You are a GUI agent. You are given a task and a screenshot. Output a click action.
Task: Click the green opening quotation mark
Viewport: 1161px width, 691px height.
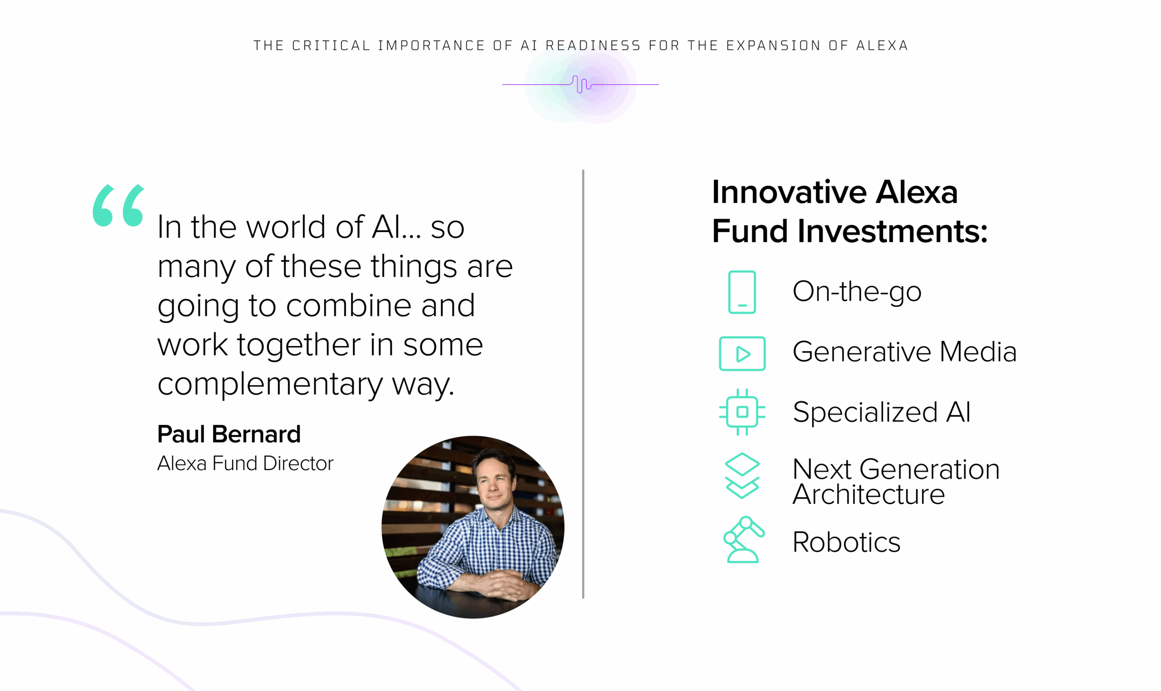point(118,205)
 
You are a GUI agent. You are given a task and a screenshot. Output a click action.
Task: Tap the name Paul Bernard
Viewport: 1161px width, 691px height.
point(229,434)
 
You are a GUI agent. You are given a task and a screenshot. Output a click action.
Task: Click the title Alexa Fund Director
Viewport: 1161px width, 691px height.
point(245,463)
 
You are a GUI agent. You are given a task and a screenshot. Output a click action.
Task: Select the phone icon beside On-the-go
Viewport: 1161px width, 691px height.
point(741,292)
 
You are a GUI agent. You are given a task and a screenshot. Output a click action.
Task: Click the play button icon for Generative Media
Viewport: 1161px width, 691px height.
point(742,353)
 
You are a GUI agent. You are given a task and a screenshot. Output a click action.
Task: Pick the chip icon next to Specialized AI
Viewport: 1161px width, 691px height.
point(742,412)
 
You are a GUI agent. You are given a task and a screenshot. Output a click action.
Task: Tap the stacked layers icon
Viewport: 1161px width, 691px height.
point(742,476)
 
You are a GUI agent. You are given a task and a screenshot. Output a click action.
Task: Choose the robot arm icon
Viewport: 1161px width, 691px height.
point(743,539)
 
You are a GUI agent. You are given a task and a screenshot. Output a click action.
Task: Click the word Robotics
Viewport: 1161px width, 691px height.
point(846,542)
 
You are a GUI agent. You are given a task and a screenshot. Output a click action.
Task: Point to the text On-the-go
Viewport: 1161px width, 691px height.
point(857,292)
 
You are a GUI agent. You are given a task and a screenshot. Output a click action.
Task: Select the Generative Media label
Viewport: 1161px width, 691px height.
point(904,351)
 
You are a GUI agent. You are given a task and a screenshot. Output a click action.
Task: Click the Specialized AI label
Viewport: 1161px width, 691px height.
point(882,412)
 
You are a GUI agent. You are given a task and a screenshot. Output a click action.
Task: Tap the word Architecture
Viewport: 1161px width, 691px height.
point(868,494)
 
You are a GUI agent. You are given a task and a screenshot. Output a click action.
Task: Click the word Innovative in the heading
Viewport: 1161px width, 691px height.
point(790,192)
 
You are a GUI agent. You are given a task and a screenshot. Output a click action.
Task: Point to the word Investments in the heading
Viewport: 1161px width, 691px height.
point(892,231)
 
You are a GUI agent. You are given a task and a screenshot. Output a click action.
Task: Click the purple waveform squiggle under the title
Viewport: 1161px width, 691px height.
point(580,84)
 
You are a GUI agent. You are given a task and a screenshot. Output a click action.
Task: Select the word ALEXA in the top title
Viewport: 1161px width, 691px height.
point(882,46)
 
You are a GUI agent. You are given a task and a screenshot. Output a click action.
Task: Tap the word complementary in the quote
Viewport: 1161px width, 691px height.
point(270,384)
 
